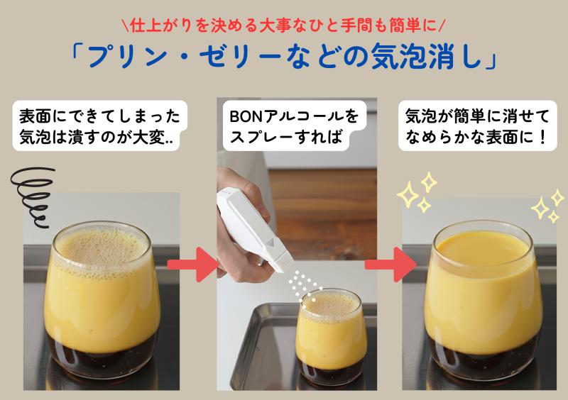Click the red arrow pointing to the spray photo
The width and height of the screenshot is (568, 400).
click(x=192, y=265)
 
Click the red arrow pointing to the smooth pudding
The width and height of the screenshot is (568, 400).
click(x=390, y=265)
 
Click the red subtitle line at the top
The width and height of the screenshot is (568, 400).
click(x=284, y=26)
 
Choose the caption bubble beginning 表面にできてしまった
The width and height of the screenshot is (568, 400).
click(x=100, y=126)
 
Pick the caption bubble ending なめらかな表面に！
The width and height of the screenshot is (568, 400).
click(x=477, y=126)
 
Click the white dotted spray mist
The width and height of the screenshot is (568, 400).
click(x=304, y=288)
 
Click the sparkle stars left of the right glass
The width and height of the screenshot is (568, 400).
click(x=417, y=192)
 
